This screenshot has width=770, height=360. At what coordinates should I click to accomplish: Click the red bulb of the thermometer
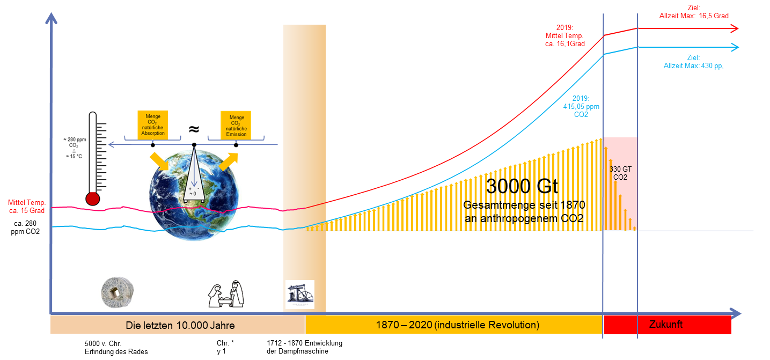(93, 199)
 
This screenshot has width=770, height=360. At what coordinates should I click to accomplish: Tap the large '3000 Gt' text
(522, 186)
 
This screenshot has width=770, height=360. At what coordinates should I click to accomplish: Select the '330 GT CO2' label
(620, 173)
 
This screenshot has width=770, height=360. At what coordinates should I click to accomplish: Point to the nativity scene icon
(225, 294)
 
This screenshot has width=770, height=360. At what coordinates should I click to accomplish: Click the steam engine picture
(299, 295)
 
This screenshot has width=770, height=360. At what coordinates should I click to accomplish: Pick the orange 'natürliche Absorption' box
(153, 125)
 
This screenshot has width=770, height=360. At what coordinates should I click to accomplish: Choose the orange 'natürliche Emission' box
(237, 125)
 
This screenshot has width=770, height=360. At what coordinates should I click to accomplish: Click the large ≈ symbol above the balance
(194, 129)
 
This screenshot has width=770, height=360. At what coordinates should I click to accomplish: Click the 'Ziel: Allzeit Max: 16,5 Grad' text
(694, 12)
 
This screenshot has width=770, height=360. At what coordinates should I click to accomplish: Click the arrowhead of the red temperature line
(735, 28)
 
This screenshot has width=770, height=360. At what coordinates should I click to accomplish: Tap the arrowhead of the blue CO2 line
(735, 47)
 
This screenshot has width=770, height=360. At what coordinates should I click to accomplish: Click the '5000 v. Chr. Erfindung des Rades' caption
(116, 347)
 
